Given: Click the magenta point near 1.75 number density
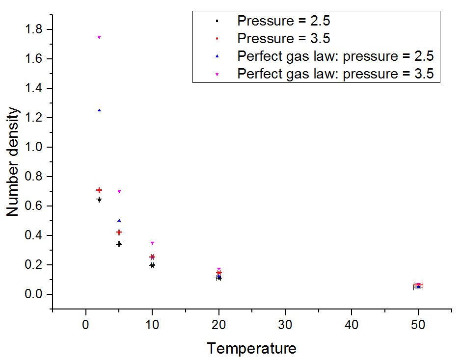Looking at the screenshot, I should [x=99, y=37].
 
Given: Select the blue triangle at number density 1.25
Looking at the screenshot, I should [x=99, y=110].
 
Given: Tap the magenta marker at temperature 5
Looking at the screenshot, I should [x=119, y=191].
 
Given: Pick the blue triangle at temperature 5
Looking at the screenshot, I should [x=119, y=221].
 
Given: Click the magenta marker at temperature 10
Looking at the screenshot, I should [x=152, y=243].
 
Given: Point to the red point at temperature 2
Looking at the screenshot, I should [x=99, y=190].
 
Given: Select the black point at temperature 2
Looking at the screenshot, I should [x=99, y=200].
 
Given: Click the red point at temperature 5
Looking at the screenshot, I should [x=119, y=232].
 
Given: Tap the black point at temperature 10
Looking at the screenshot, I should [x=152, y=265].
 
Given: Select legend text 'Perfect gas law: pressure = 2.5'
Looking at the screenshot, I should [x=335, y=56].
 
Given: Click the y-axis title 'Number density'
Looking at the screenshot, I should [x=13, y=162].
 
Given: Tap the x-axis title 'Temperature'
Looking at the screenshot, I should [x=251, y=348].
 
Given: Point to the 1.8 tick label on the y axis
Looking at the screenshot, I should [x=35, y=29].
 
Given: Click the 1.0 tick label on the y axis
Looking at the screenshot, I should [x=35, y=147].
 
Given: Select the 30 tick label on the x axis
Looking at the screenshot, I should [x=285, y=325].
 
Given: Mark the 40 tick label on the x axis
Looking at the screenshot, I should [x=351, y=325].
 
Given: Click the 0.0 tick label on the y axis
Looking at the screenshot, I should [x=35, y=294].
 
